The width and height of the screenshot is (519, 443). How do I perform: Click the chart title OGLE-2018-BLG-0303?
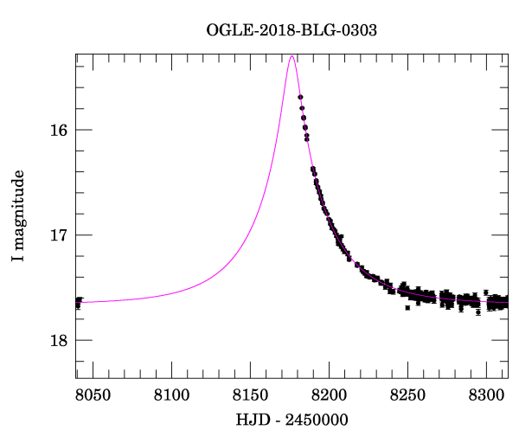tap(292, 29)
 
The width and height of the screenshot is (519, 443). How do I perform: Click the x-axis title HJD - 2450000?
tap(292, 419)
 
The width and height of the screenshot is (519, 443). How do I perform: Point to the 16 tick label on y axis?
tap(59, 131)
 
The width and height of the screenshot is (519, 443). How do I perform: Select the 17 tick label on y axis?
tap(59, 235)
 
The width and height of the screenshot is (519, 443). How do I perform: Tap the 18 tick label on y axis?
tap(59, 340)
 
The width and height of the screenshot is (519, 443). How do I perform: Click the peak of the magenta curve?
tap(292, 56)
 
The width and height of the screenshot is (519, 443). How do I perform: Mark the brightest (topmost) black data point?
tap(300, 97)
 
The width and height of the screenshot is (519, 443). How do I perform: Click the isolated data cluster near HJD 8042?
tap(78, 302)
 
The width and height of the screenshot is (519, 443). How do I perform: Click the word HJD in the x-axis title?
tap(250, 419)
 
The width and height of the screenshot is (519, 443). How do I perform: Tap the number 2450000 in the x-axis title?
tap(317, 419)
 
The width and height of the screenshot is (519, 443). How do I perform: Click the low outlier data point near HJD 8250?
tap(407, 307)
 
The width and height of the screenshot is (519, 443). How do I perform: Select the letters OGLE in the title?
tap(226, 29)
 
